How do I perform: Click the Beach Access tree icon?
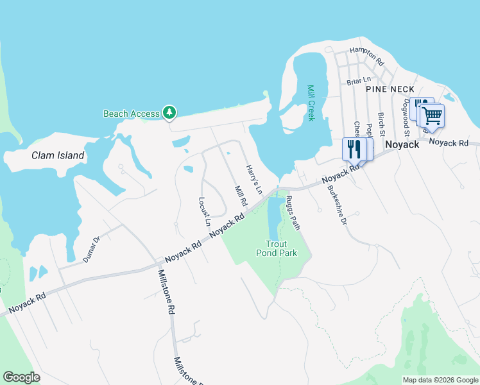click(x=169, y=113)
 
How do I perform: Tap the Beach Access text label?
click(x=131, y=114)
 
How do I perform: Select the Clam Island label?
click(x=58, y=155)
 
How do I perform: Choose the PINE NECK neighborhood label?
click(x=390, y=89)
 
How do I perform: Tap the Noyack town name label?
click(x=402, y=145)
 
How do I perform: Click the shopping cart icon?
click(x=433, y=116)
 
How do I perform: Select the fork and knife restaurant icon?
click(x=354, y=150)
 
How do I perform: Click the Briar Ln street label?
click(x=359, y=81)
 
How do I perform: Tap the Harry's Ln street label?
click(x=254, y=180)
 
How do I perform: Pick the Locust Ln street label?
click(x=205, y=212)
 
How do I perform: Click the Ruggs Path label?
click(x=293, y=212)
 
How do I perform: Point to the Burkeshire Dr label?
click(x=337, y=205)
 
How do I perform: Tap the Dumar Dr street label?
click(x=92, y=250)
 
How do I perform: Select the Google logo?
click(x=22, y=377)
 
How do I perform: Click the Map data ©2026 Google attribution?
click(x=440, y=380)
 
